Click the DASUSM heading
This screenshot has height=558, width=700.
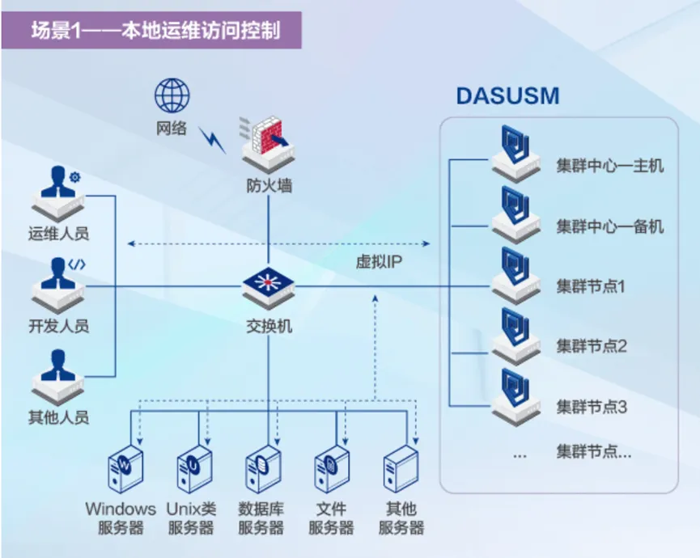pyautogui.click(x=507, y=95)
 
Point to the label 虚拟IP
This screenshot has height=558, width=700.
pyautogui.click(x=379, y=262)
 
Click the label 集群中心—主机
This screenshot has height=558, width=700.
pyautogui.click(x=609, y=166)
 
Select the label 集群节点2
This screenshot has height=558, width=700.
pyautogui.click(x=592, y=346)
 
